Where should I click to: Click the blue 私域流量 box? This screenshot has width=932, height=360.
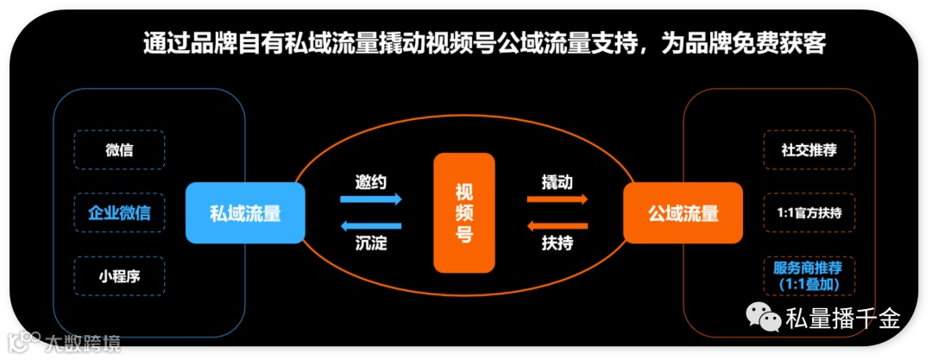[245, 212]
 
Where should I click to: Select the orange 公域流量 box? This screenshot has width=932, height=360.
[683, 212]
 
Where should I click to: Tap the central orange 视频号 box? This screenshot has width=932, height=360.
[464, 212]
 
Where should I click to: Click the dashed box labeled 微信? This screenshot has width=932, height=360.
[119, 150]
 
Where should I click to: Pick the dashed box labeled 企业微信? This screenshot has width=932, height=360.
[119, 212]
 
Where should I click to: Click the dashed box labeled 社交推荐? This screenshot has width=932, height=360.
[809, 150]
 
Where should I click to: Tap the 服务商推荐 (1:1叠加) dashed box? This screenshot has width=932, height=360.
[809, 275]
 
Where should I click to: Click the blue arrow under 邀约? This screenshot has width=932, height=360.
[371, 199]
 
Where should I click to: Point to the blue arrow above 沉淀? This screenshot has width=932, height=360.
[371, 226]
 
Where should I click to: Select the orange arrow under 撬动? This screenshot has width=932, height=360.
[557, 199]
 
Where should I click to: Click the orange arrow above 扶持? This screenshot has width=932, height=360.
[557, 226]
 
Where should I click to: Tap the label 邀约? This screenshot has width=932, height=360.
[371, 182]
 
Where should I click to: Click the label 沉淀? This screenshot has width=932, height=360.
[371, 243]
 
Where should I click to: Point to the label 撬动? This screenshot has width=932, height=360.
[557, 182]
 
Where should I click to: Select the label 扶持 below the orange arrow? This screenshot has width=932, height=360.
[557, 243]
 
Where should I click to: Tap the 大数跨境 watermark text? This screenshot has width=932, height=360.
[82, 343]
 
